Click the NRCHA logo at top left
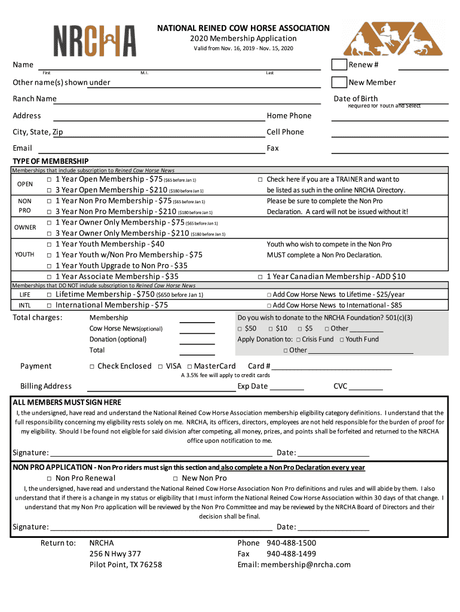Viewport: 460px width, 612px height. click(94, 40)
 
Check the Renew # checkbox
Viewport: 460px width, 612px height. click(339, 65)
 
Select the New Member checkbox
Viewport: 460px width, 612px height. click(339, 82)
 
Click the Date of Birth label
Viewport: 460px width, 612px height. click(355, 99)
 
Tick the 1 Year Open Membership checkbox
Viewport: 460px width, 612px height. click(49, 180)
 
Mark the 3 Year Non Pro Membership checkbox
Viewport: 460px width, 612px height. click(49, 212)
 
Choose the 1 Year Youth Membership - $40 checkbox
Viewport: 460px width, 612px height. click(49, 244)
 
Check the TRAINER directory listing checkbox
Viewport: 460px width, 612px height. click(260, 180)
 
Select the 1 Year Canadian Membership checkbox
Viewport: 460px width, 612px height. click(260, 277)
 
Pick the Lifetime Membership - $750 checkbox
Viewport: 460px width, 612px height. click(49, 295)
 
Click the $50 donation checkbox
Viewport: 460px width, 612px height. click(240, 329)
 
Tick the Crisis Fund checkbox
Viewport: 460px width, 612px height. click(297, 339)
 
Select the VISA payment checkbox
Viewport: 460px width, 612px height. click(160, 366)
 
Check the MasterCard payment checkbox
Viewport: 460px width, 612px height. click(189, 366)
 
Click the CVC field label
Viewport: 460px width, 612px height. click(340, 386)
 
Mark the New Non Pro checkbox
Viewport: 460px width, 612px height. click(176, 479)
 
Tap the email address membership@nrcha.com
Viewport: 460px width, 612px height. click(309, 564)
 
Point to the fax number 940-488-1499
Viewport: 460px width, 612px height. click(292, 553)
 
